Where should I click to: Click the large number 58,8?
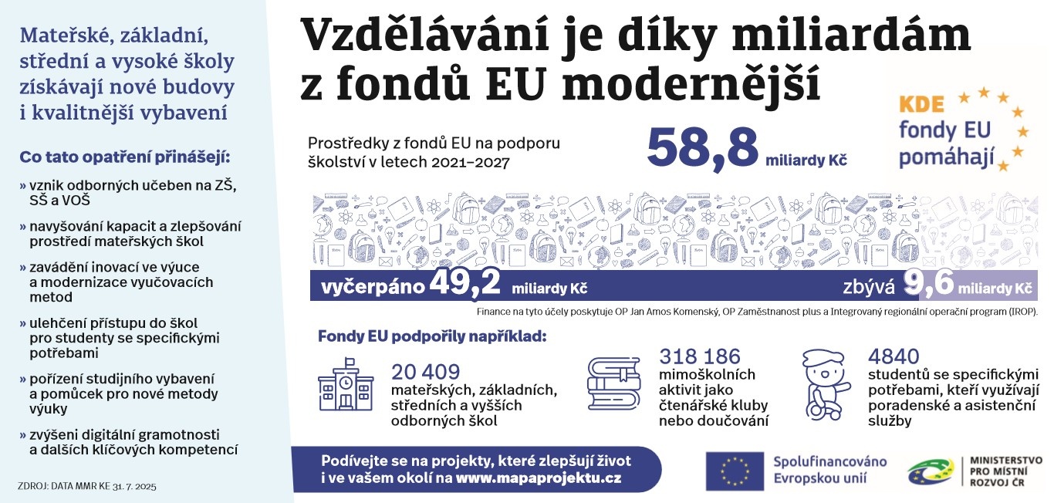702,147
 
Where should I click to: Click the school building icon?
346,384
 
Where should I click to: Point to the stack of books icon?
614,383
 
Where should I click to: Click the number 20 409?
426,372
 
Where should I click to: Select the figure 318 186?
699,356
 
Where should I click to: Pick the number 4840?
894,356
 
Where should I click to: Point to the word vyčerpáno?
373,288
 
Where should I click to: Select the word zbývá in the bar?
868,288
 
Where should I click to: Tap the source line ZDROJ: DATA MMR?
86,487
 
